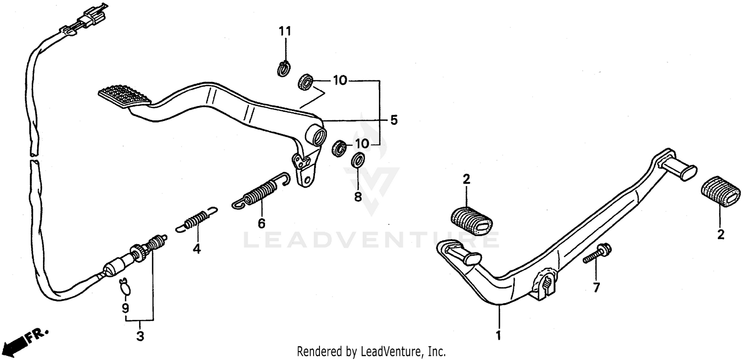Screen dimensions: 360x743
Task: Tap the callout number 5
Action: [394, 120]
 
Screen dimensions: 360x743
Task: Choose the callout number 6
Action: [261, 223]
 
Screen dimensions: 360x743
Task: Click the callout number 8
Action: [358, 197]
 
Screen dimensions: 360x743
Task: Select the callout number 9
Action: [125, 308]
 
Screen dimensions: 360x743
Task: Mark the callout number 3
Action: [140, 337]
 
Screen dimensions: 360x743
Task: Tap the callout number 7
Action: [596, 287]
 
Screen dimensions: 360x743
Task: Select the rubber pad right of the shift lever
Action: [721, 192]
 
